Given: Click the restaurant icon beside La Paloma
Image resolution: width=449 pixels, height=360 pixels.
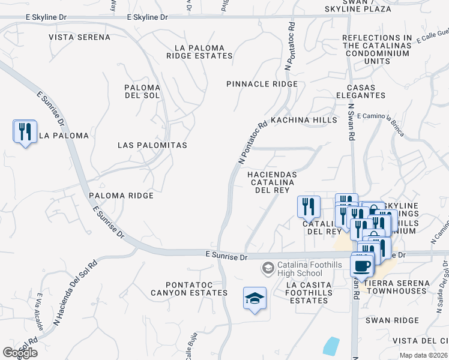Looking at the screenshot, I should [25, 131].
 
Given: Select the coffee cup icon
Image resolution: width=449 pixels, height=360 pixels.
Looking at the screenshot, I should [361, 265].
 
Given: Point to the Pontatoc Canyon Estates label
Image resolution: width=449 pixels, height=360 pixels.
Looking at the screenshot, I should [197, 288].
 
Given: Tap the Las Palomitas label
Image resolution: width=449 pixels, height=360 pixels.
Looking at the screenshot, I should [152, 145].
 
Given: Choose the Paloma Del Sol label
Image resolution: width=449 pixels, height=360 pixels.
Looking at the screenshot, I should [142, 91].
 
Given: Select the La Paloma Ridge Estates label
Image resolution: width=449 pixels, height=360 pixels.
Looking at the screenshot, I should [199, 52].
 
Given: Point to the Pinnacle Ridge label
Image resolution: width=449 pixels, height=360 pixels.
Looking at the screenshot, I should [262, 84].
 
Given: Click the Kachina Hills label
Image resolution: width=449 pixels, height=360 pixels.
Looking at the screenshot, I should [304, 120].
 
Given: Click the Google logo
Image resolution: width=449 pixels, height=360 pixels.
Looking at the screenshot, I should [20, 353].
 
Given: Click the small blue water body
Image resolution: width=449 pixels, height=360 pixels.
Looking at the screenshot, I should [331, 346].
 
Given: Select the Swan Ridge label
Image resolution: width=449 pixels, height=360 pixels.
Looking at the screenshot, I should [393, 320].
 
